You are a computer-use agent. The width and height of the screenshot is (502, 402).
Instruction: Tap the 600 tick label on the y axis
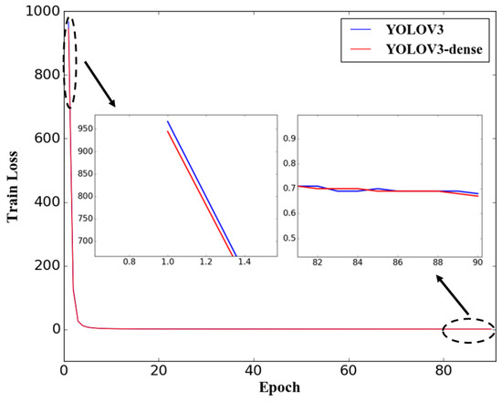[46, 138]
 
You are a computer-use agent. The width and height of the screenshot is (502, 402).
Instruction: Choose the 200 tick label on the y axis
[46, 265]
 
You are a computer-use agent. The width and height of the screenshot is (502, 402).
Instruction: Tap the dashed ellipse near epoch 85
[467, 329]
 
